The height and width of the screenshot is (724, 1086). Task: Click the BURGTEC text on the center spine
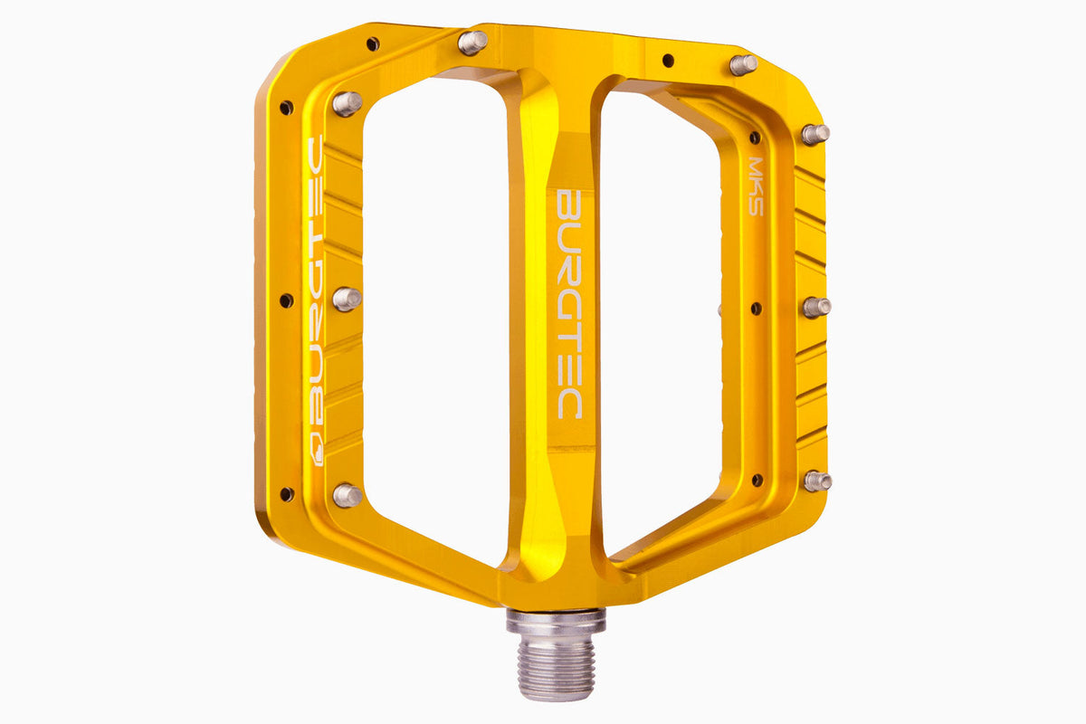567,303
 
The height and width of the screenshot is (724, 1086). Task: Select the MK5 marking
756,186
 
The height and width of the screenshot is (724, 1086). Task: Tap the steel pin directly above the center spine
472,42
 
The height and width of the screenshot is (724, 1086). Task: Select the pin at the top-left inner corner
348,102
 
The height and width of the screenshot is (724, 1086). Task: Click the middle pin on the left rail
348,299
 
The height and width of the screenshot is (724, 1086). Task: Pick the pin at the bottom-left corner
348,494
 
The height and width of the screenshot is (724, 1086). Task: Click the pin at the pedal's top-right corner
743,64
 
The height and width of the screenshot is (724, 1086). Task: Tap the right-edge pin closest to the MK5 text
814,134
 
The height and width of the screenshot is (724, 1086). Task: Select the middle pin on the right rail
816,307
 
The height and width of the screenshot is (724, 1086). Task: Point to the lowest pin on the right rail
817,481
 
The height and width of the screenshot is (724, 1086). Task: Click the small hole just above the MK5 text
755,138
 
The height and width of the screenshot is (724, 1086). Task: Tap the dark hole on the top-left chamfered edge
372,43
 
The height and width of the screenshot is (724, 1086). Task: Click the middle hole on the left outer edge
287,300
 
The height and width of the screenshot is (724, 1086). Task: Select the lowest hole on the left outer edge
287,494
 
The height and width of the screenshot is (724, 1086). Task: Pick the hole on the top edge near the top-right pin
668,61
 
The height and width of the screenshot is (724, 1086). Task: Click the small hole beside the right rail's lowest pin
757,480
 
